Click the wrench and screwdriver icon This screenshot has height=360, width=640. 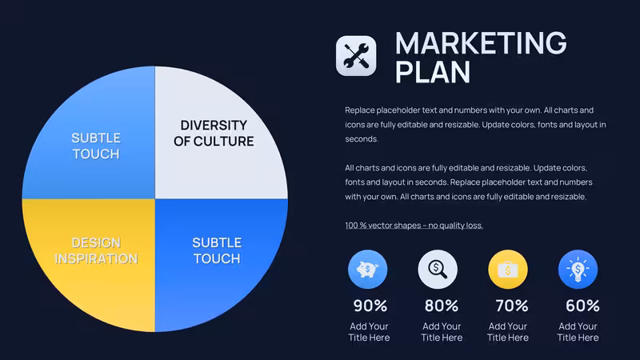click(x=356, y=56)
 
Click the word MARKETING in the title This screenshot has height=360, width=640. click(x=481, y=43)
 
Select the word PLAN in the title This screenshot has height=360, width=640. click(x=433, y=72)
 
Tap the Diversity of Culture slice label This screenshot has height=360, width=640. click(x=214, y=133)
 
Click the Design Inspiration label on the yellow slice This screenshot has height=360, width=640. click(x=96, y=250)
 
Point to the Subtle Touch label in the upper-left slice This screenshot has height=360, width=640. click(x=96, y=146)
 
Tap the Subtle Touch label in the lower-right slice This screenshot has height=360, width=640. click(x=217, y=250)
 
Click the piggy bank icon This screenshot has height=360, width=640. click(x=367, y=270)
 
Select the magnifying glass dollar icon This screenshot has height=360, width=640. click(x=438, y=270)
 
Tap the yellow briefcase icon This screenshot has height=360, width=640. click(x=508, y=270)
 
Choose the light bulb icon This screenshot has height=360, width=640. click(x=578, y=270)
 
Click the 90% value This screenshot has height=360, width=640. click(x=370, y=306)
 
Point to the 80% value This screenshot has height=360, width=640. click(x=442, y=306)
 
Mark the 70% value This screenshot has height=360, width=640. click(x=512, y=306)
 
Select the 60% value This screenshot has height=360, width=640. click(x=582, y=306)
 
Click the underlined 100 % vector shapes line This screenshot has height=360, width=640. click(x=414, y=226)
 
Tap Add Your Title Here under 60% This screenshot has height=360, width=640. click(x=578, y=332)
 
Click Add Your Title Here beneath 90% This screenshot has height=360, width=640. click(x=369, y=332)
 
